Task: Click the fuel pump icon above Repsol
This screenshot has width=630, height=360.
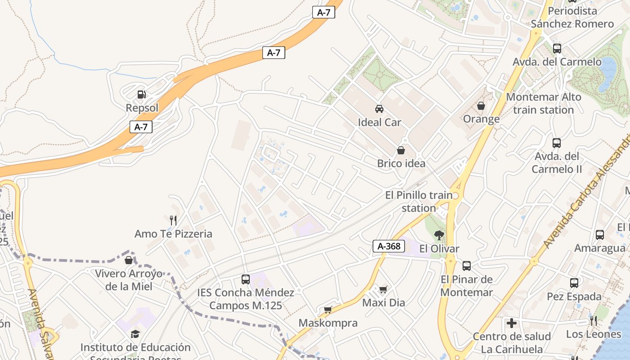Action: click(x=142, y=94)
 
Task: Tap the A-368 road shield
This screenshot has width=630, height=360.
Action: click(x=389, y=246)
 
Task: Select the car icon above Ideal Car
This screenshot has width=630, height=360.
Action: click(x=379, y=108)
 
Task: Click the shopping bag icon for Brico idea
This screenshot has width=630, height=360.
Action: click(x=401, y=150)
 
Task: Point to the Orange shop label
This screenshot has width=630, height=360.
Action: click(x=481, y=119)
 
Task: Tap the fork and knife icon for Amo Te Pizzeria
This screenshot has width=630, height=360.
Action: click(x=173, y=220)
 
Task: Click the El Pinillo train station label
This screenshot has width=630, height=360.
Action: click(x=418, y=202)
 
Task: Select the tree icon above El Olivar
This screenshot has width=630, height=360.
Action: click(x=439, y=234)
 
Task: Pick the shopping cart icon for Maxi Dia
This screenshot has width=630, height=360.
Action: click(x=383, y=289)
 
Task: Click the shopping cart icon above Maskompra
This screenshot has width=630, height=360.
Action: click(x=328, y=310)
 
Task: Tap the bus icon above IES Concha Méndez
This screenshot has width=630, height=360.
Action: click(x=245, y=279)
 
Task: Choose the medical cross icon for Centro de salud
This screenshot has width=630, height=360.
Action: click(x=512, y=323)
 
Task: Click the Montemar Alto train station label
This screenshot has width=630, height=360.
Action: click(x=543, y=103)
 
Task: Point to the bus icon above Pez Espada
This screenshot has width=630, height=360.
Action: click(x=574, y=283)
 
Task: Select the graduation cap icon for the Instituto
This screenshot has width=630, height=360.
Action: click(x=135, y=334)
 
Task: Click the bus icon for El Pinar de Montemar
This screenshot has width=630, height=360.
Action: click(x=467, y=266)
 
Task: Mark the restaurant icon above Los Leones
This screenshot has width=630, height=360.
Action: click(x=594, y=321)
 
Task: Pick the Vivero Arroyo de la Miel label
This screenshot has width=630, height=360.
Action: click(x=129, y=280)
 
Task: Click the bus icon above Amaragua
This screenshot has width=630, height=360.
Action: click(x=600, y=234)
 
